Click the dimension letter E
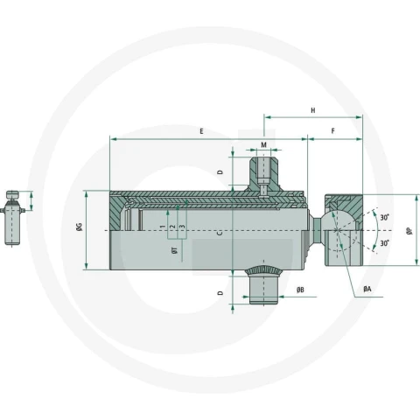(x=201, y=131)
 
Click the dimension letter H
(x=313, y=110)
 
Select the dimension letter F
(x=333, y=131)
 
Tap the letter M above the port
(x=263, y=145)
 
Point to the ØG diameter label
(x=80, y=227)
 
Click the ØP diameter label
(x=409, y=231)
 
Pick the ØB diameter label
(x=300, y=290)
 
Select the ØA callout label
(x=367, y=289)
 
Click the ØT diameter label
(x=175, y=250)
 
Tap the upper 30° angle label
(x=385, y=218)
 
